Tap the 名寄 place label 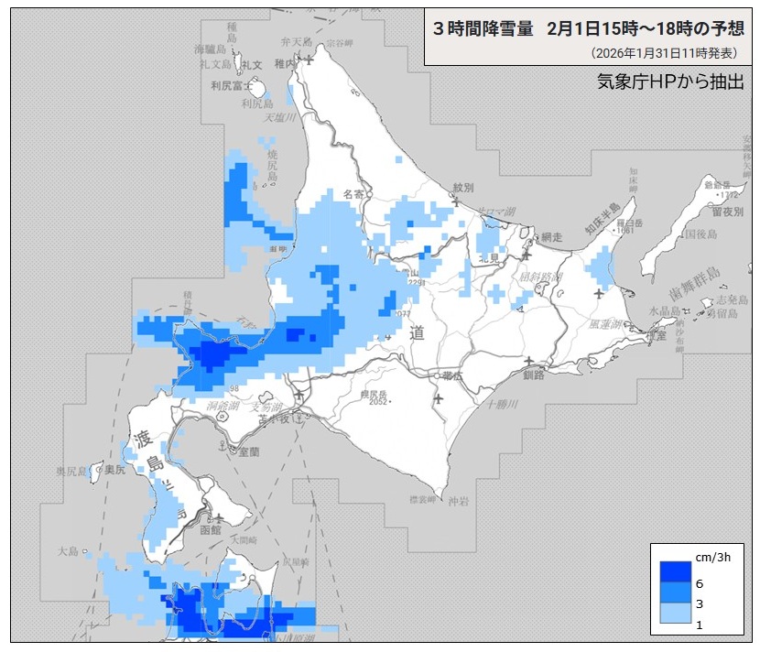(353, 194)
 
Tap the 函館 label (210, 529)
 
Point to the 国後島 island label (700, 235)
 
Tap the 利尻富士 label (228, 86)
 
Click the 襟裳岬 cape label (420, 499)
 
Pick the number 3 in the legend (699, 604)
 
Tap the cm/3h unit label (712, 557)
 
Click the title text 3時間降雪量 (483, 28)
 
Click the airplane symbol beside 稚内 (309, 60)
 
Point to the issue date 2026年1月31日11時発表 (664, 53)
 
